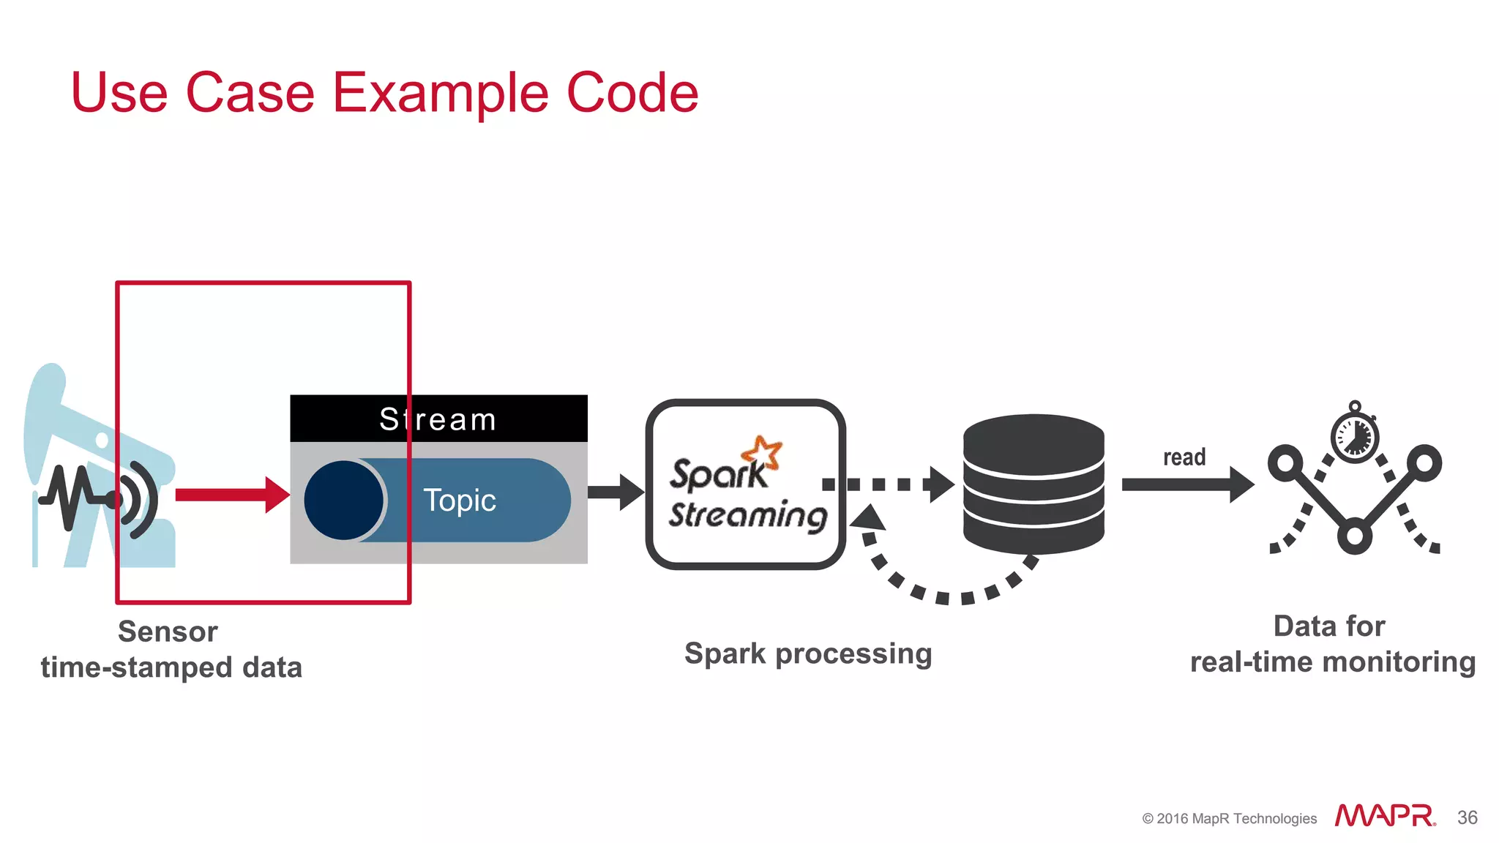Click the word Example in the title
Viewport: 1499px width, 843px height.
(x=440, y=94)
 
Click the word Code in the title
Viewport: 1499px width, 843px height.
(x=632, y=93)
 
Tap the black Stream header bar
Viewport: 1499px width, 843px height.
(x=438, y=419)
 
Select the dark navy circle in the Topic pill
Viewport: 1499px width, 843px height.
(x=343, y=501)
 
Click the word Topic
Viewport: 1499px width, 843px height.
(x=460, y=501)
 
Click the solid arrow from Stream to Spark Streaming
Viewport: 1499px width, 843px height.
(x=615, y=492)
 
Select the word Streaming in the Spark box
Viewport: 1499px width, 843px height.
(x=747, y=514)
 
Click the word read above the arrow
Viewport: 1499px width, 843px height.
(x=1184, y=457)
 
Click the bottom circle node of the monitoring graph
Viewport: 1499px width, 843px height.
(x=1354, y=536)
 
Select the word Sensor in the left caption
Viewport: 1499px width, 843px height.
(x=168, y=632)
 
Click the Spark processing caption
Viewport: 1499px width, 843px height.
(x=808, y=653)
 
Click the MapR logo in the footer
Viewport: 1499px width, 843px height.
(x=1385, y=816)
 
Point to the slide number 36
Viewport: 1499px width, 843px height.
(x=1467, y=817)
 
